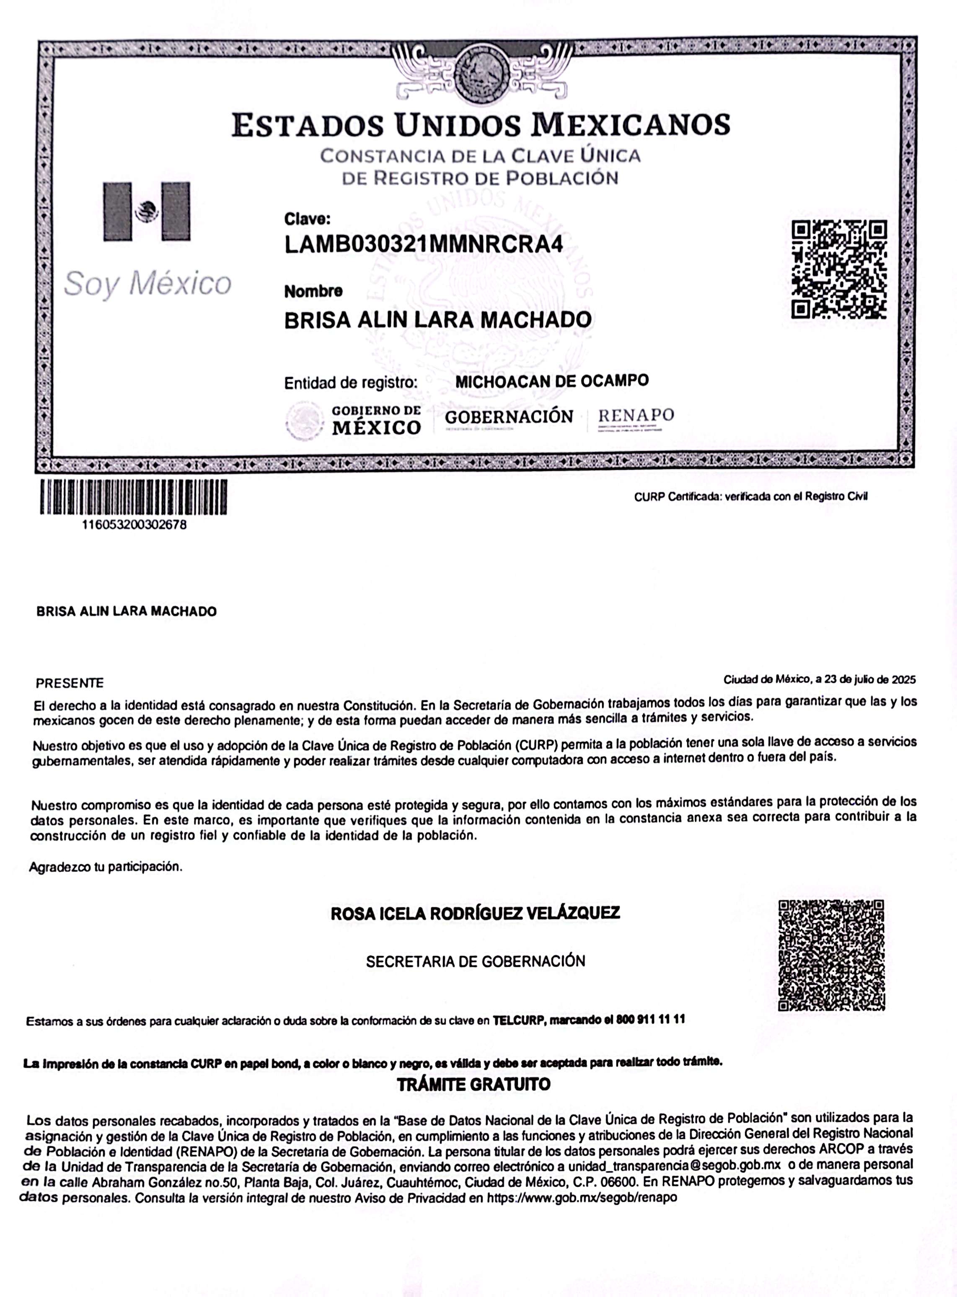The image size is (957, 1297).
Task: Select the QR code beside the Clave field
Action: (x=839, y=269)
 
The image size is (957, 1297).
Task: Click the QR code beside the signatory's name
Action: (x=831, y=955)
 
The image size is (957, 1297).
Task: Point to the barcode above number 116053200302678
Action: (x=133, y=497)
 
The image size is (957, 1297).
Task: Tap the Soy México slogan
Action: (x=148, y=284)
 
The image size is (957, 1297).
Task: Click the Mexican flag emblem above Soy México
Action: (x=147, y=212)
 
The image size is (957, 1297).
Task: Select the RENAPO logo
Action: (x=636, y=417)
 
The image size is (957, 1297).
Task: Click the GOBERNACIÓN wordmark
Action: (x=509, y=417)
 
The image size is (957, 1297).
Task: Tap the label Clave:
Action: (x=307, y=219)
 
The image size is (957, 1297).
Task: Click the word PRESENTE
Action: (x=70, y=683)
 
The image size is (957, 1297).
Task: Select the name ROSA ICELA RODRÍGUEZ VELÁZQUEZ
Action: (x=475, y=914)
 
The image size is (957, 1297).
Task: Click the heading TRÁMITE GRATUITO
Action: (x=473, y=1085)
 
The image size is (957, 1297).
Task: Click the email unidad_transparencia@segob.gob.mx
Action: (x=674, y=1165)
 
